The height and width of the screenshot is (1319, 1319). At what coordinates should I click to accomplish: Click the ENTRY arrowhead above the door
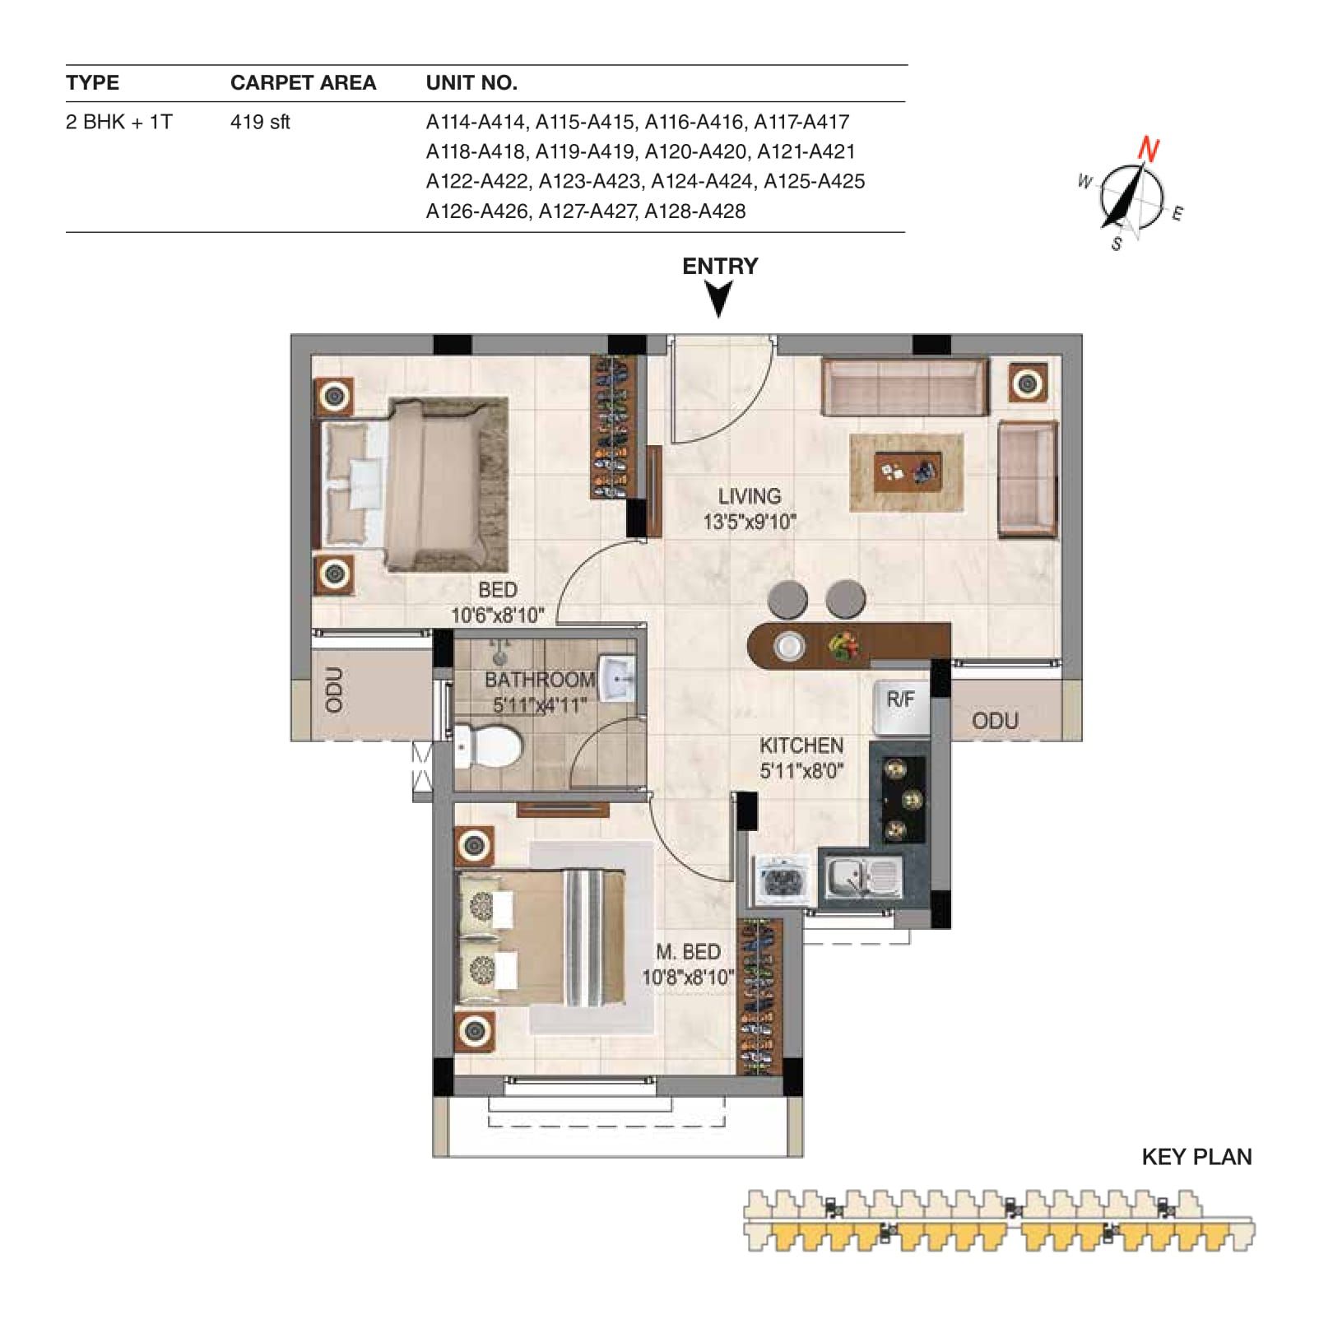[719, 300]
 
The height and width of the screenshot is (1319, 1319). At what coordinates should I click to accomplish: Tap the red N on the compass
[1149, 150]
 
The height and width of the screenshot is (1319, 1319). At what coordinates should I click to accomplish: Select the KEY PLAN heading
[1196, 1157]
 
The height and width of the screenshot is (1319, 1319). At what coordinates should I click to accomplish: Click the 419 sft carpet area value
[260, 122]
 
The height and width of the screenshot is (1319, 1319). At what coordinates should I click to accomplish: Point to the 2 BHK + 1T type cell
[119, 122]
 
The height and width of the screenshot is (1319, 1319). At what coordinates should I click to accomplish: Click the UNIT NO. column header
[471, 82]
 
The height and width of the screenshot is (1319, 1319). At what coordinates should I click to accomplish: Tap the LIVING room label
[749, 496]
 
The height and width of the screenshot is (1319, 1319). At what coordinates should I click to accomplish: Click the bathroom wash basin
[618, 680]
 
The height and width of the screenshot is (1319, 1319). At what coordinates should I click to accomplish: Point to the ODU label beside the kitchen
[995, 721]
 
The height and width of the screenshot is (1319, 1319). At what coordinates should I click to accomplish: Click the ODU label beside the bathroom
[334, 690]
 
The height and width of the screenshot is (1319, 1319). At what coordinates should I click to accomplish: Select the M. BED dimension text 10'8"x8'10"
[688, 978]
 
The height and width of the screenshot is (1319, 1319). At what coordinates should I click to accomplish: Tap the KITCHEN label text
[801, 745]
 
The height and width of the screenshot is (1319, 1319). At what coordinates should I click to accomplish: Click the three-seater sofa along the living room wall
[905, 387]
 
